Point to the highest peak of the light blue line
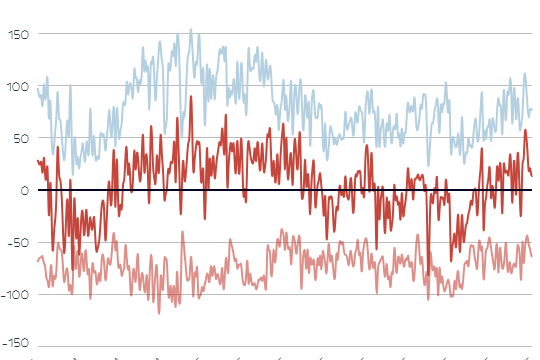point(191,30)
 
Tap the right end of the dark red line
point(532,175)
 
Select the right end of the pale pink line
point(532,255)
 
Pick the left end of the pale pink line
point(37,262)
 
